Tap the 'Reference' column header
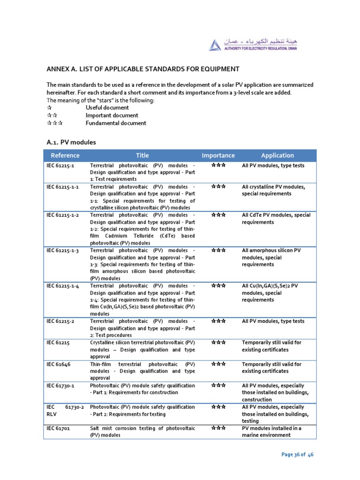click(x=65, y=156)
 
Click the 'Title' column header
click(x=142, y=156)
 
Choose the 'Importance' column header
click(x=218, y=156)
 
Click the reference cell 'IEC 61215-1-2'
click(x=63, y=215)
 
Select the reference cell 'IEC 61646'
click(x=58, y=364)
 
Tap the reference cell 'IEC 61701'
click(x=58, y=428)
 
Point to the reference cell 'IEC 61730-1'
click(x=61, y=386)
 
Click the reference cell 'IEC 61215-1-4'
click(x=63, y=285)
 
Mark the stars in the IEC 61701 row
click(x=218, y=428)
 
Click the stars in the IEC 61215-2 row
click(x=218, y=321)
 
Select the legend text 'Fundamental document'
click(x=116, y=123)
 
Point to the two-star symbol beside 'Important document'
click(x=52, y=115)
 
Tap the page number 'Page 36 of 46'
click(x=297, y=455)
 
